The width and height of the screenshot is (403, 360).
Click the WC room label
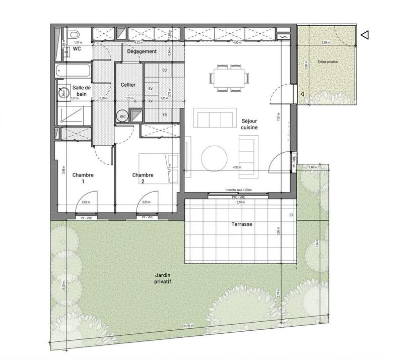(77, 49)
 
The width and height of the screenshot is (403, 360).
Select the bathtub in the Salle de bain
(73, 71)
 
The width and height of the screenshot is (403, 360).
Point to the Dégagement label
(142, 51)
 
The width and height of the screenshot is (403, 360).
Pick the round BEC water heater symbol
(122, 116)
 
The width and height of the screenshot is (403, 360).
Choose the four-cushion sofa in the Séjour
(214, 120)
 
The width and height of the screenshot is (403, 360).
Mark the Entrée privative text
(327, 62)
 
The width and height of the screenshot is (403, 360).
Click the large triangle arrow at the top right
(366, 35)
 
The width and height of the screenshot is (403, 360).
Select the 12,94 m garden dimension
(188, 327)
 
